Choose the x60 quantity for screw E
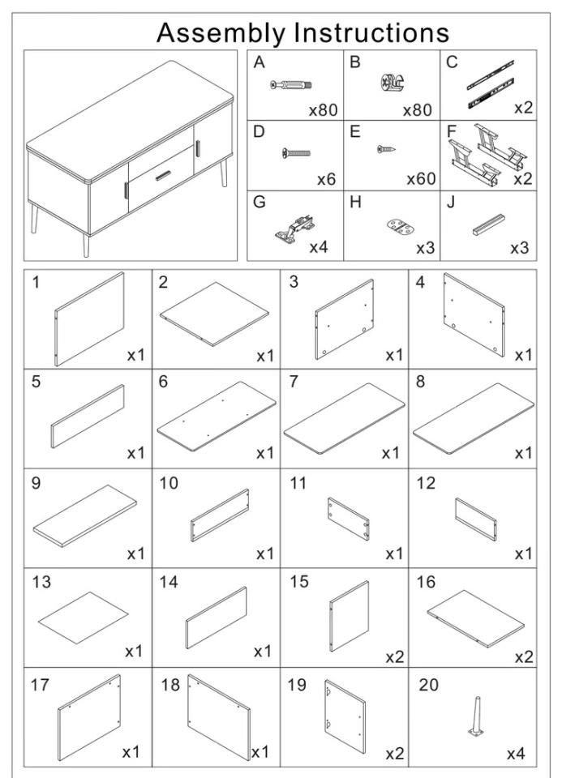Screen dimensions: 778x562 (420, 179)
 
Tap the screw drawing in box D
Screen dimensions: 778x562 (296, 152)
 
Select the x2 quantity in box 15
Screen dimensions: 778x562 (394, 656)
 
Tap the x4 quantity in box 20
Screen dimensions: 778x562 (516, 754)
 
